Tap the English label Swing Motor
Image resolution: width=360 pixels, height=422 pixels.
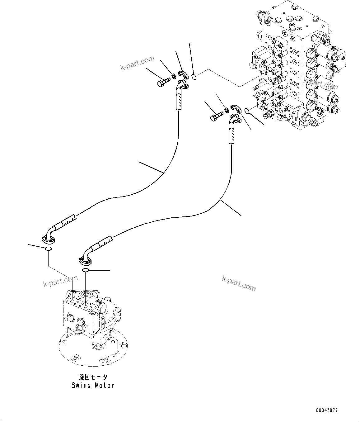[x=93, y=385]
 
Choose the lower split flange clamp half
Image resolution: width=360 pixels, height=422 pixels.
[x=236, y=108]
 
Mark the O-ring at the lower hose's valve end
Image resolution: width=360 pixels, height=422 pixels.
[x=247, y=111]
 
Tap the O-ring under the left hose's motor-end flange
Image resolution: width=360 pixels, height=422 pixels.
[x=48, y=249]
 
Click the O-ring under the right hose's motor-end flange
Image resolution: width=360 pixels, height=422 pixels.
[x=86, y=270]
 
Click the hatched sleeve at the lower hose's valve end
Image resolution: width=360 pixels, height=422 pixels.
[x=232, y=133]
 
